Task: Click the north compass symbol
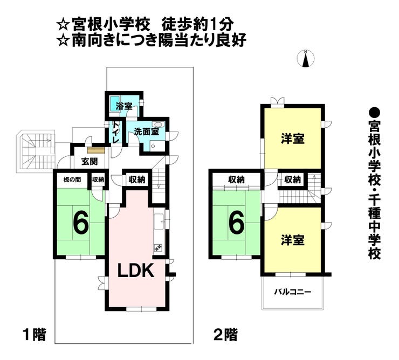pos(306,59)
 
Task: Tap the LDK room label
pos(136,271)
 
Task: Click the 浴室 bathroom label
pos(124,106)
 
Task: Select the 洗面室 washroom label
pos(147,132)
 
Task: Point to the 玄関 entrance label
pos(90,161)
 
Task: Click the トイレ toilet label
pos(115,133)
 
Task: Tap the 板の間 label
pos(72,179)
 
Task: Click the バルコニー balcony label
pos(293,292)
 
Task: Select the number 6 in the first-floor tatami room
pos(81,220)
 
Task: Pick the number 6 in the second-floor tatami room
pos(237,220)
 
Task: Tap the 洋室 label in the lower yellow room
pos(293,240)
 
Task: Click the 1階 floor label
pos(35,334)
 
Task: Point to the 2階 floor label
pos(225,334)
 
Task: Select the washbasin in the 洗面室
pos(159,124)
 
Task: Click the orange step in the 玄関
pos(96,150)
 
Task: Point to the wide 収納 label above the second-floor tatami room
pos(236,179)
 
